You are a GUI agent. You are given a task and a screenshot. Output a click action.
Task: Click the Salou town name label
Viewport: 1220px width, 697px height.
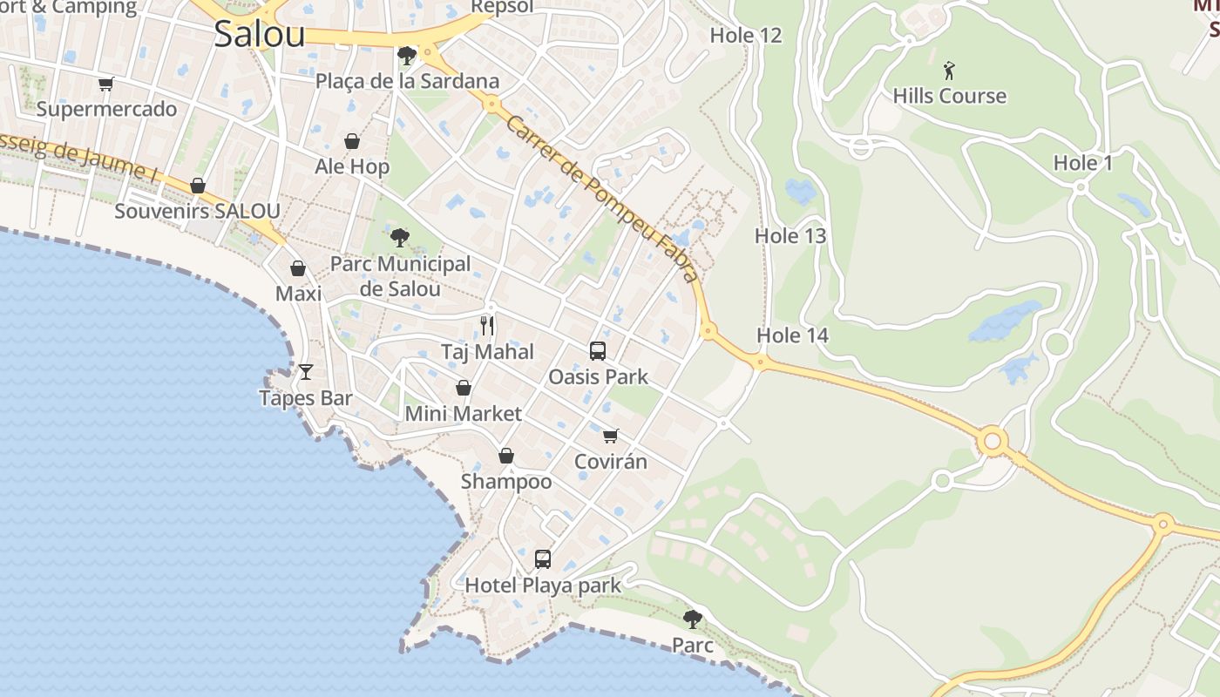pyautogui.click(x=260, y=34)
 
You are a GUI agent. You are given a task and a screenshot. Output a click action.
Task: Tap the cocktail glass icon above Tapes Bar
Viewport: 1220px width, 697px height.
pyautogui.click(x=306, y=372)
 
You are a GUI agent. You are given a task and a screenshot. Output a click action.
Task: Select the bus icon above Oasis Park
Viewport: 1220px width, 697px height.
pyautogui.click(x=598, y=351)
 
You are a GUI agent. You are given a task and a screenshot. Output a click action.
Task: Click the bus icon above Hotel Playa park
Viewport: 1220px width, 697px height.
pyautogui.click(x=543, y=559)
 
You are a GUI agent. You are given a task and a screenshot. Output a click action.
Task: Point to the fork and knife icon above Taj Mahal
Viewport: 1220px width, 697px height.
pyautogui.click(x=487, y=326)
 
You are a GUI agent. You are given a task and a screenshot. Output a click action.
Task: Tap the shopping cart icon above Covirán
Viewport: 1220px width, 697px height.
pyautogui.click(x=611, y=436)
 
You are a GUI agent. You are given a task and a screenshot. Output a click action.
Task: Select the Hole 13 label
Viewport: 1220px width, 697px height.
pyautogui.click(x=790, y=236)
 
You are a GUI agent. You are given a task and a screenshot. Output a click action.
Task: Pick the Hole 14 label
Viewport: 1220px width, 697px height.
pyautogui.click(x=792, y=335)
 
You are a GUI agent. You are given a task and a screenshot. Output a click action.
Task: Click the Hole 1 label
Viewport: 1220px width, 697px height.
pyautogui.click(x=1083, y=163)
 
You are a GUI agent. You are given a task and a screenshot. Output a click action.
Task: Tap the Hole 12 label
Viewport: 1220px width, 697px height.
pyautogui.click(x=746, y=36)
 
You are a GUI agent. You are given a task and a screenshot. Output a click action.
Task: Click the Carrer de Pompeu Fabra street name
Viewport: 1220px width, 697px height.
pyautogui.click(x=602, y=200)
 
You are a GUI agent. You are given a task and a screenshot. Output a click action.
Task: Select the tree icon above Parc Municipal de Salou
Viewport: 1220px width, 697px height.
pyautogui.click(x=400, y=237)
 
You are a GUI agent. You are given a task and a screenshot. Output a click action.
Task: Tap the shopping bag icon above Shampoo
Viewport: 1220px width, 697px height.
pyautogui.click(x=506, y=456)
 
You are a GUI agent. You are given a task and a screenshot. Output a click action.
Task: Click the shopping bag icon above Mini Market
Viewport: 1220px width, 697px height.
pyautogui.click(x=464, y=388)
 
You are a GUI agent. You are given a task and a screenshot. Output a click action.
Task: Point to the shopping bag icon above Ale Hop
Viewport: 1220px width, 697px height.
pyautogui.click(x=352, y=141)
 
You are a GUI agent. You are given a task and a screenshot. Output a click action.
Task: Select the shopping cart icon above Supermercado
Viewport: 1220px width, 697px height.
pyautogui.click(x=106, y=85)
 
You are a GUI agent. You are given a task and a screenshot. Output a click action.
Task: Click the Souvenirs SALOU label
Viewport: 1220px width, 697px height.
pyautogui.click(x=198, y=211)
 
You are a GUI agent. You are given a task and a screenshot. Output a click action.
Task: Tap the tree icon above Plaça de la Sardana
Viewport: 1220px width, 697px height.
pyautogui.click(x=406, y=57)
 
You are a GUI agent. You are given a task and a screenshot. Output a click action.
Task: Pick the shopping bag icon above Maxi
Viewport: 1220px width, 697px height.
pyautogui.click(x=298, y=268)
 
